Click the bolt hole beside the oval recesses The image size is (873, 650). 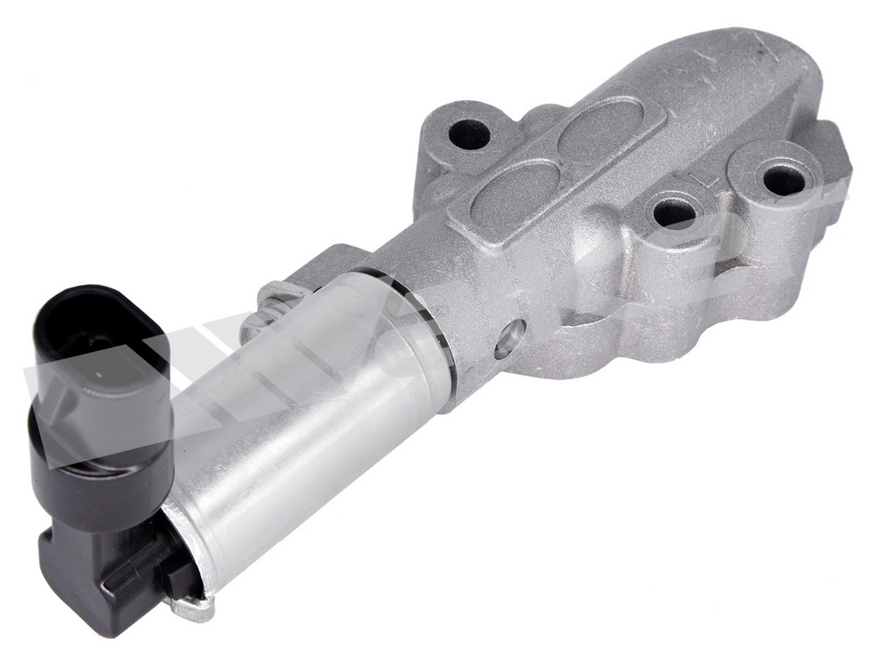tap(470, 134)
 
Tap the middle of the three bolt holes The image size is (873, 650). tap(674, 212)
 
